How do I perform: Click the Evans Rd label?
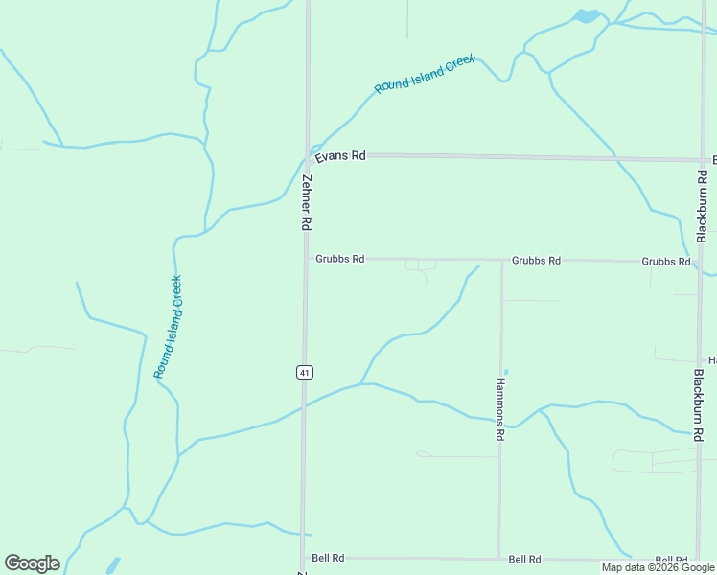[x=345, y=155]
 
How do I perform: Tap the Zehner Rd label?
[x=307, y=202]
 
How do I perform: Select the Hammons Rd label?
[x=500, y=408]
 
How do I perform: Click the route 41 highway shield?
[x=303, y=372]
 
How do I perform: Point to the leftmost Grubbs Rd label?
[x=339, y=259]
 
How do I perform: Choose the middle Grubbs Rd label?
[x=536, y=260]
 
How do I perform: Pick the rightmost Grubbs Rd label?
[x=665, y=261]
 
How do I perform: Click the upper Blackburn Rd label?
[x=703, y=205]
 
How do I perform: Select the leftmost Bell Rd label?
[x=328, y=558]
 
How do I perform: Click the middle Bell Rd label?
[x=524, y=559]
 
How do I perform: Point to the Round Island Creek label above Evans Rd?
[x=425, y=74]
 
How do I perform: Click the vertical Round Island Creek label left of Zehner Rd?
[x=169, y=327]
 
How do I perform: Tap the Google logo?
[x=32, y=563]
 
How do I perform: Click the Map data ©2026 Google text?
[x=658, y=567]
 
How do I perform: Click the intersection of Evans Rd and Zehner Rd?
[x=308, y=155]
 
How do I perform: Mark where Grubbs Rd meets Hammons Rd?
[x=501, y=260]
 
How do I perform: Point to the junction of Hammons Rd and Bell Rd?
[x=499, y=558]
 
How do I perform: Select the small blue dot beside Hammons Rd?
[x=506, y=372]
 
